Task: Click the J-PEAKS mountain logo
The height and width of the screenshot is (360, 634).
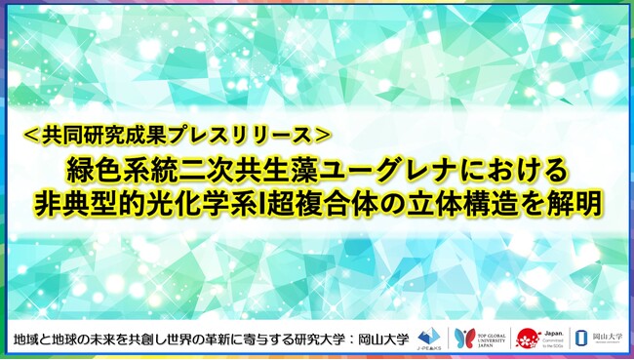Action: pos(428,335)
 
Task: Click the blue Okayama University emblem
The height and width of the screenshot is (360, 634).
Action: pos(581,337)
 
